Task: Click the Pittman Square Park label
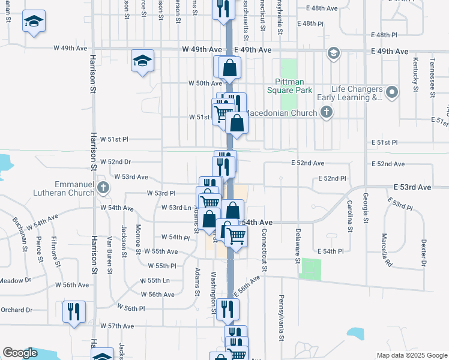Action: [x=294, y=86]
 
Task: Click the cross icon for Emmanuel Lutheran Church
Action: [x=103, y=188]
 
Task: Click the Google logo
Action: [x=20, y=353]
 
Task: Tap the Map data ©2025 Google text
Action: [x=411, y=355]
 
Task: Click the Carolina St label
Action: [x=349, y=217]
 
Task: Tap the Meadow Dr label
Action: [x=15, y=280]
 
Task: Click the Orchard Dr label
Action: [x=16, y=310]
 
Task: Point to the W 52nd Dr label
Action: [x=115, y=162]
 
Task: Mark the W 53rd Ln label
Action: [x=176, y=208]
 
